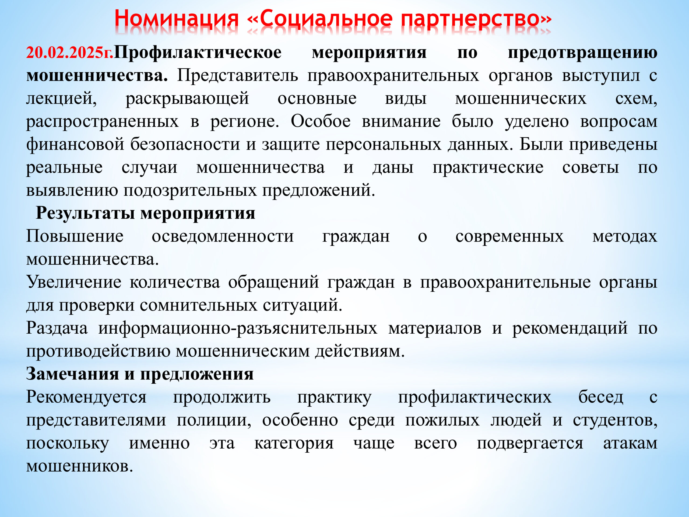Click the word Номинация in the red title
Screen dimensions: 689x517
(x=176, y=19)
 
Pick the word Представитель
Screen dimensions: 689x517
(x=238, y=76)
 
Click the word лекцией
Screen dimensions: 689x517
(x=61, y=99)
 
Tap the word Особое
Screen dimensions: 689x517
(x=321, y=121)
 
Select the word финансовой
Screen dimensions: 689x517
(x=75, y=144)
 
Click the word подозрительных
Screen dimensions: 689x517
(x=190, y=190)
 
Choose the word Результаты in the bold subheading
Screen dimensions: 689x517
(x=85, y=214)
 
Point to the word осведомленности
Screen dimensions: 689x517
(x=223, y=236)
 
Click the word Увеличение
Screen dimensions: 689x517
(x=73, y=282)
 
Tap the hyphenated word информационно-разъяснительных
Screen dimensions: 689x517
(x=238, y=328)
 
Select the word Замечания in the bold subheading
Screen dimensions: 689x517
(x=72, y=374)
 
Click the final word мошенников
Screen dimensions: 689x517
(x=79, y=466)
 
